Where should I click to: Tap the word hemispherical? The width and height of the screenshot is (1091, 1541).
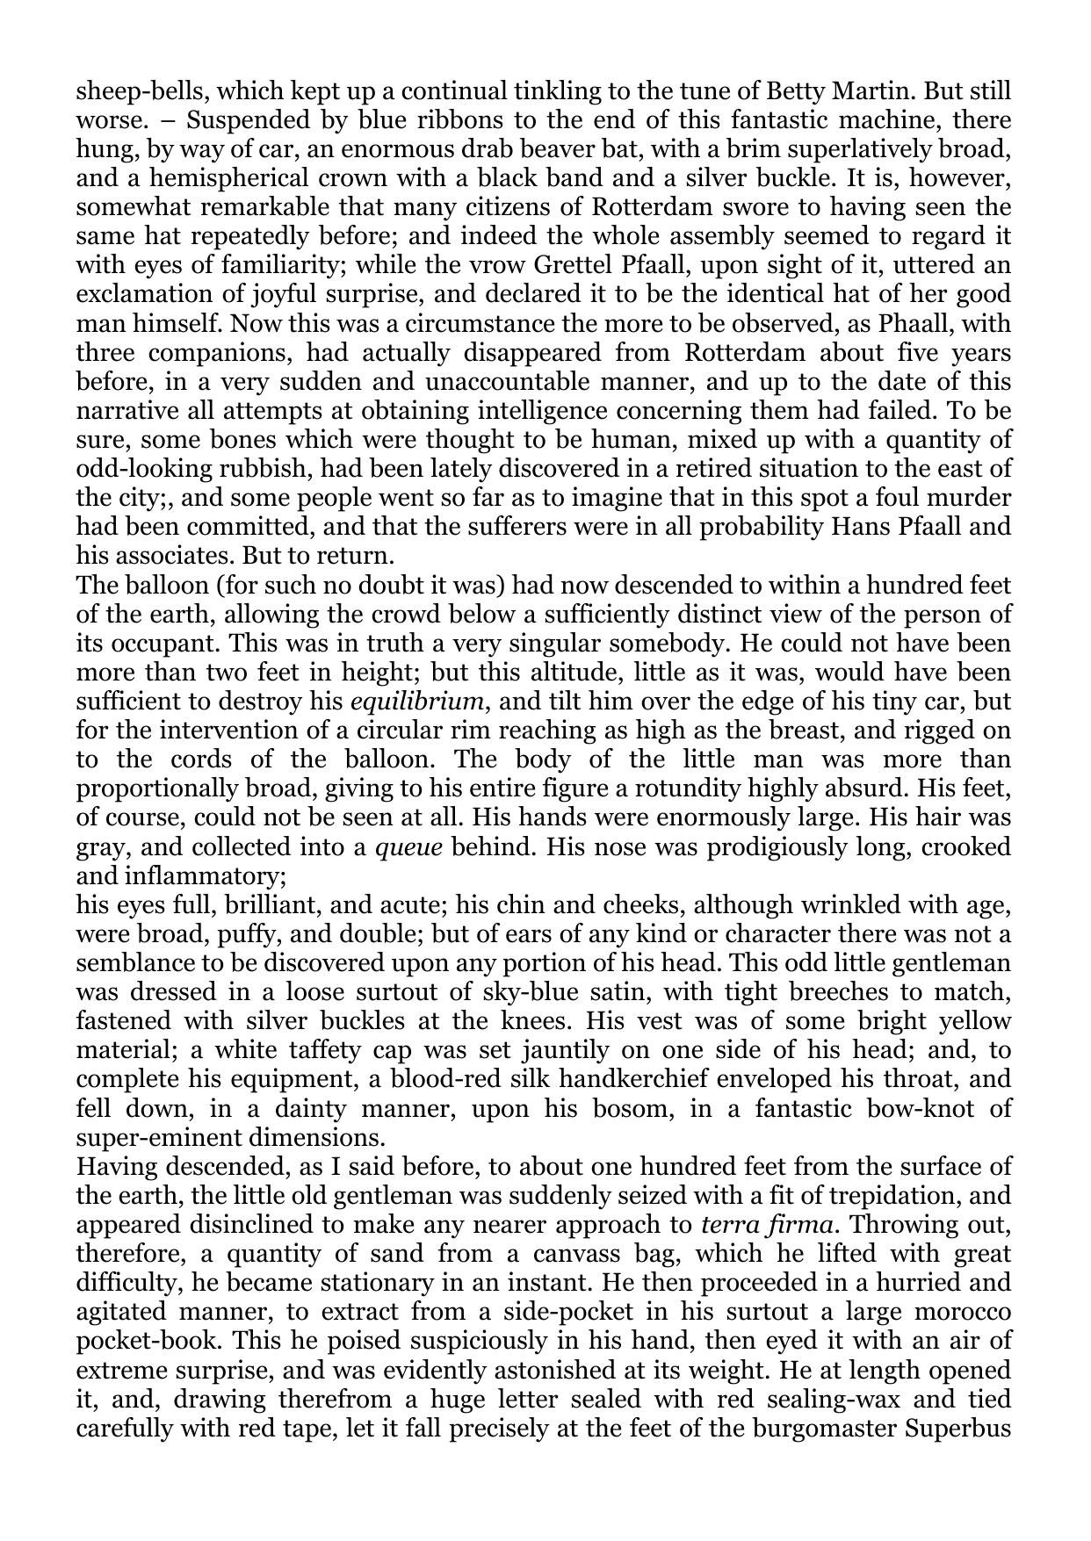pyautogui.click(x=206, y=178)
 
